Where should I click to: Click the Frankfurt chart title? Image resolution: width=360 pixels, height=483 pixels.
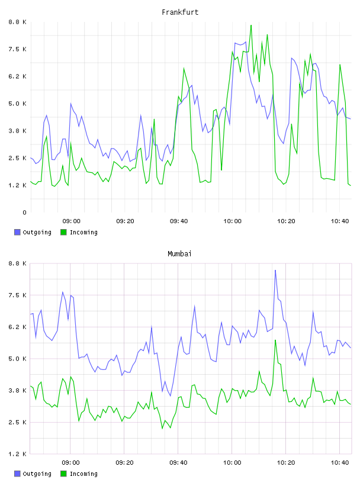tap(180, 12)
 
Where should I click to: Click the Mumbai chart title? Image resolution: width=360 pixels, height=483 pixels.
tap(179, 254)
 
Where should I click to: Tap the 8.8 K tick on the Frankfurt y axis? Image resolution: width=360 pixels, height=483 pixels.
tap(18, 22)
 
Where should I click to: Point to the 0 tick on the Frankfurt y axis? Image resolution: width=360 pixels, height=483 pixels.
tap(24, 212)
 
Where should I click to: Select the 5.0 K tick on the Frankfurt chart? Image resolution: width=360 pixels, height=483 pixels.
tap(18, 104)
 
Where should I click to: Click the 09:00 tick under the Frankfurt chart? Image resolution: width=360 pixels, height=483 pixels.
tap(71, 221)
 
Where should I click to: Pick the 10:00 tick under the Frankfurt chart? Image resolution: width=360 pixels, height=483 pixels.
tap(232, 221)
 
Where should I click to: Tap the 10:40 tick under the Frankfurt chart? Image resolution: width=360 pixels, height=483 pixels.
tap(340, 221)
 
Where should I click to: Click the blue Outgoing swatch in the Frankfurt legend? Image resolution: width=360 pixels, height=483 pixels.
tap(17, 232)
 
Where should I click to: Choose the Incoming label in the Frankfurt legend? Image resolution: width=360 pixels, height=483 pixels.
tap(83, 232)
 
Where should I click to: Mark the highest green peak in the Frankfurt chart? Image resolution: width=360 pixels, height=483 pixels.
tap(251, 25)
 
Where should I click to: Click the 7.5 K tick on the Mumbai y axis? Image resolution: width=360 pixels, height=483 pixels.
tap(18, 295)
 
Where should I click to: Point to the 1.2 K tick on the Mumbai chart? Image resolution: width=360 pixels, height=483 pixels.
tap(18, 454)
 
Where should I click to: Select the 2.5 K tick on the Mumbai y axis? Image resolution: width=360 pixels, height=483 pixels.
tap(18, 422)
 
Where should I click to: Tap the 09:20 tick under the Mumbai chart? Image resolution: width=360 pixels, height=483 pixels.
tap(125, 463)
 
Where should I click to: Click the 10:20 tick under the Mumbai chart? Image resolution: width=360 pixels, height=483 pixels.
tap(286, 463)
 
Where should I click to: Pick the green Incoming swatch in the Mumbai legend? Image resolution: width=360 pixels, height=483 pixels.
tap(63, 474)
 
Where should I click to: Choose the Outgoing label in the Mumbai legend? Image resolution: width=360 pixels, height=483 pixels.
tap(37, 474)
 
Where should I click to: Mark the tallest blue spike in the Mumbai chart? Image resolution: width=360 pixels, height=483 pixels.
tap(275, 270)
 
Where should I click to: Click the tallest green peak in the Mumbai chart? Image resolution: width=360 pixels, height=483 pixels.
tap(275, 340)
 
